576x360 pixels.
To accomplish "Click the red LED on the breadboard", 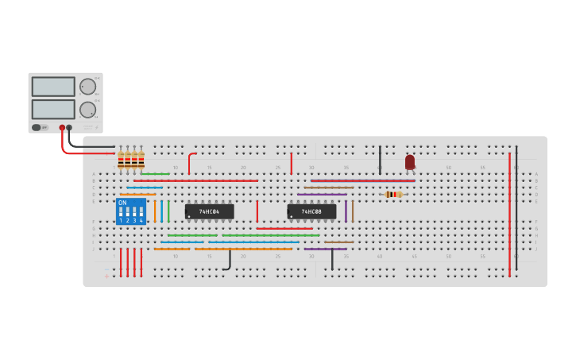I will point(410,161).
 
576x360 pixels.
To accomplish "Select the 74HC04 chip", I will point(209,211).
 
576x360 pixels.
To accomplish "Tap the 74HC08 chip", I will point(311,211).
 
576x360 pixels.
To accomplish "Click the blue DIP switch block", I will point(131,211).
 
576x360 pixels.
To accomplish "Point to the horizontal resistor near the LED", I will point(393,194).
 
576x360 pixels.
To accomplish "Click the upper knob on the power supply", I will point(87,87).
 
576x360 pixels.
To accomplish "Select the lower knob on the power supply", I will point(87,110).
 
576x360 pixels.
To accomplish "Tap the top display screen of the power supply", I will point(53,87).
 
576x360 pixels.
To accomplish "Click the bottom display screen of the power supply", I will point(53,109).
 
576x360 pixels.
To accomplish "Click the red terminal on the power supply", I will point(62,127).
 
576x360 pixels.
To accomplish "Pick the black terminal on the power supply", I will point(69,127).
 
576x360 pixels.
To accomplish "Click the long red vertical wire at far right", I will point(509,215).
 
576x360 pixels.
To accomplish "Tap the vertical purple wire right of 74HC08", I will point(346,211).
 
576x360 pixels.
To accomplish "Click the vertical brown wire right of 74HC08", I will point(353,211).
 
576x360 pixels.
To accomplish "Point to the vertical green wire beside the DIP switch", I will point(168,211).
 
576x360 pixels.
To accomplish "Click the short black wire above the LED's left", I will point(380,159).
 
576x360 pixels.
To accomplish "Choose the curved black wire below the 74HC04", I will point(229,261).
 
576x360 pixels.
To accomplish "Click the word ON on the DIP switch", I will point(122,203).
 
